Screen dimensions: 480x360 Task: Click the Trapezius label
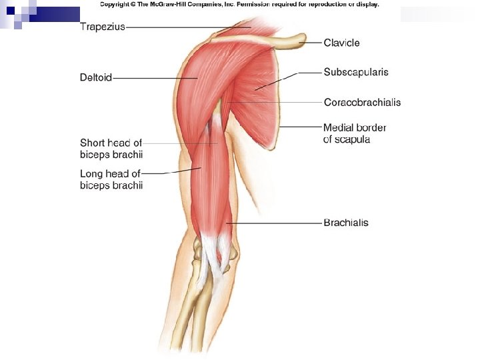click(102, 27)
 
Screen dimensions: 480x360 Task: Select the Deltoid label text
click(96, 77)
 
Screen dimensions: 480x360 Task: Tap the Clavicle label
click(341, 43)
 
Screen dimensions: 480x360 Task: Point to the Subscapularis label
click(356, 71)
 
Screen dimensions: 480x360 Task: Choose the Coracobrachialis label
click(362, 102)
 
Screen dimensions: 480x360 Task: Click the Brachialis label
click(345, 223)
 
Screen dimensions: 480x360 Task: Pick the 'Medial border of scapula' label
click(354, 133)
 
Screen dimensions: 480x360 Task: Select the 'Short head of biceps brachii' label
click(111, 149)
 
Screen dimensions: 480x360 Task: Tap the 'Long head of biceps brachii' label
click(111, 179)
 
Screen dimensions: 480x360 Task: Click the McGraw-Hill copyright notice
click(239, 5)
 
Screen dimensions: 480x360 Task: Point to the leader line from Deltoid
click(153, 78)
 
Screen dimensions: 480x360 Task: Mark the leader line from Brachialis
click(273, 223)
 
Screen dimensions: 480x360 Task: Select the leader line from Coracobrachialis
click(273, 102)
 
